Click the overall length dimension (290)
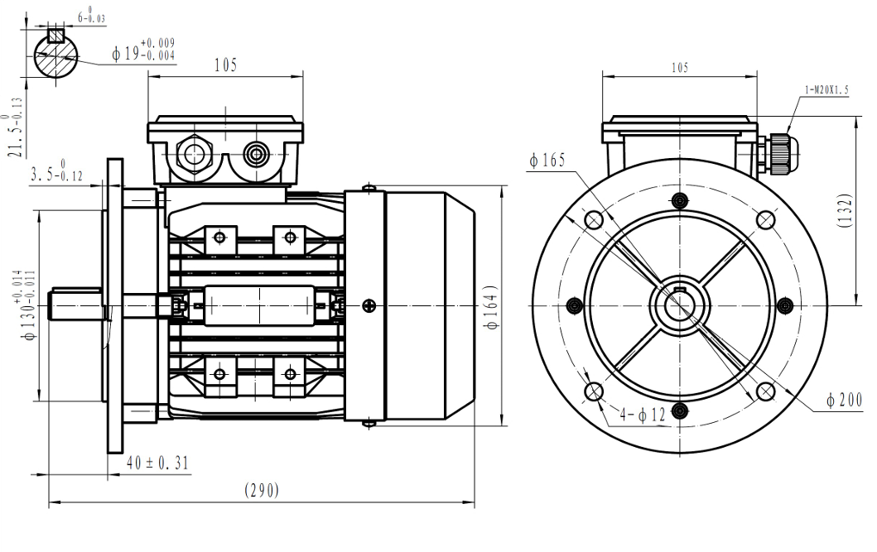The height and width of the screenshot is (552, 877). (x=262, y=490)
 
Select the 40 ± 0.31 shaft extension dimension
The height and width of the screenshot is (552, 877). (x=157, y=463)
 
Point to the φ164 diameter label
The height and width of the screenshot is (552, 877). (x=493, y=308)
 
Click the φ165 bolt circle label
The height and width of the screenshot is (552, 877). (x=548, y=161)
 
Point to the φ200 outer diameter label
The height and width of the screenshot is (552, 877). (x=845, y=401)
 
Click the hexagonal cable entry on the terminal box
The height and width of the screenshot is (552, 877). (x=195, y=153)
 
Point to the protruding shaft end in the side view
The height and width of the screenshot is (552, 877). (x=75, y=304)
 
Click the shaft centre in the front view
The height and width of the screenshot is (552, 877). (x=681, y=305)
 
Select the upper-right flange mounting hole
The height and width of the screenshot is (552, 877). (x=767, y=218)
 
